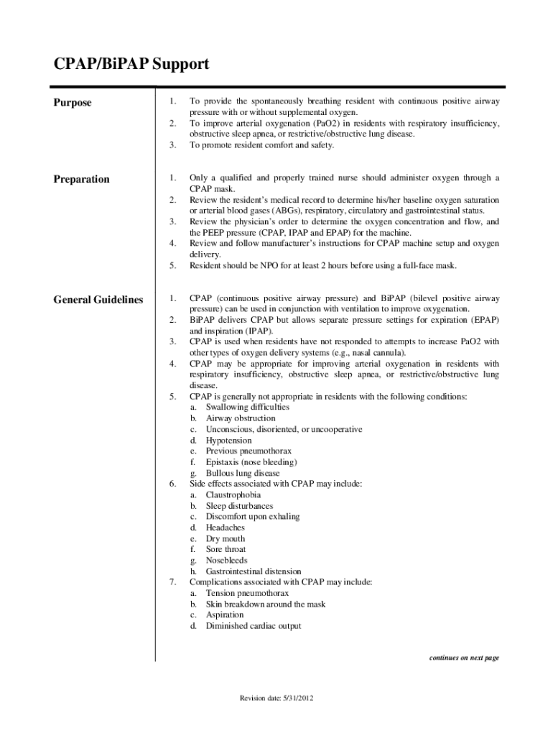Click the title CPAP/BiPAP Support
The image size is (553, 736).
click(131, 65)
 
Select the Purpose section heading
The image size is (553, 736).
click(73, 103)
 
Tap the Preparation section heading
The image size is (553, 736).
click(81, 179)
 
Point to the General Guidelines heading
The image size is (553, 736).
click(98, 300)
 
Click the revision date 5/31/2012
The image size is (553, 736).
click(276, 699)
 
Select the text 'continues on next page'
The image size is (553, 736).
click(463, 658)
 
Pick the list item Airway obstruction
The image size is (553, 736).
click(240, 418)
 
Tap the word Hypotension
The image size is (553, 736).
click(228, 440)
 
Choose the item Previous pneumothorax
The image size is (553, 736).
click(243, 451)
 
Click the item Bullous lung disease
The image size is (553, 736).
click(243, 474)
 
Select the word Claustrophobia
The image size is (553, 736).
click(233, 495)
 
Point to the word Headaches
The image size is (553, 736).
click(225, 528)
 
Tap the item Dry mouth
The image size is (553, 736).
click(225, 538)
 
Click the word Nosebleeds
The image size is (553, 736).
click(226, 560)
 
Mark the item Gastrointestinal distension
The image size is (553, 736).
click(253, 572)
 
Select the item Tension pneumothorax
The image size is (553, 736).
click(247, 594)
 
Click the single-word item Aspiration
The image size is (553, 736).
click(224, 615)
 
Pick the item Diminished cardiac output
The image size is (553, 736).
click(253, 626)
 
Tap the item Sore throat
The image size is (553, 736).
click(226, 549)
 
